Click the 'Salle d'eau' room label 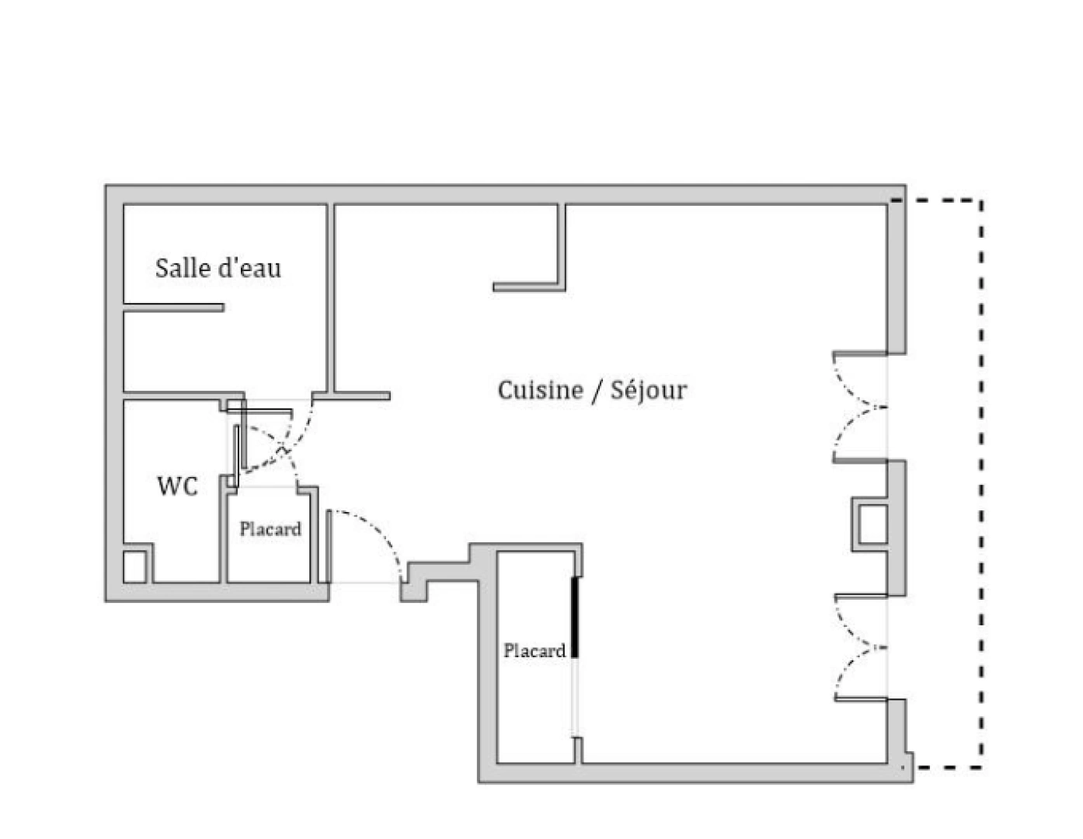tap(218, 268)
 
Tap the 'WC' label tap(177, 486)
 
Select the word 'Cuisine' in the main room tap(540, 390)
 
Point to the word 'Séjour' tap(649, 390)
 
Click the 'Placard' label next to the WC tap(270, 529)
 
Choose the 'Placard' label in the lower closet tap(535, 650)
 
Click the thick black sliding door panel tap(575, 618)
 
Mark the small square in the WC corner tap(134, 566)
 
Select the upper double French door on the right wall tap(860, 407)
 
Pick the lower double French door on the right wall tap(860, 647)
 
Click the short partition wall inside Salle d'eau tap(173, 308)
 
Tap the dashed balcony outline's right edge tap(981, 482)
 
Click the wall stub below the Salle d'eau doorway tap(360, 396)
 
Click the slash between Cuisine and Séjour tap(596, 391)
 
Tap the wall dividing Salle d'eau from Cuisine tap(330, 299)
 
